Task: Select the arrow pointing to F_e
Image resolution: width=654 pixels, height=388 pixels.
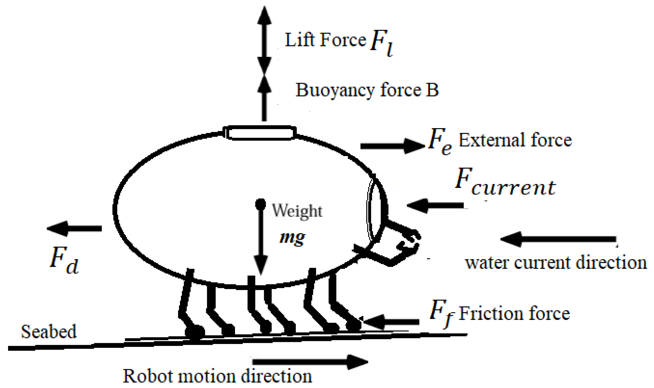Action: coord(392,146)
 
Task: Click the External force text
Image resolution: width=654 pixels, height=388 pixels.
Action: coord(515,140)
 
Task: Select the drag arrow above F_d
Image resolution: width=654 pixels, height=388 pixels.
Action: coord(74,228)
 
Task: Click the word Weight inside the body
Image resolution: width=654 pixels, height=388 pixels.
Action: coord(297,211)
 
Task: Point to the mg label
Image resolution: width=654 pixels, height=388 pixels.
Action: coord(292,237)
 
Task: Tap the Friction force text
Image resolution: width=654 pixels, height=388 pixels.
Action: coord(514,313)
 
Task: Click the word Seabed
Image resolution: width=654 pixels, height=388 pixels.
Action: coord(49,332)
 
